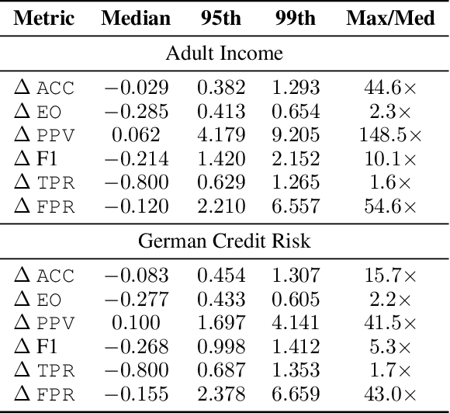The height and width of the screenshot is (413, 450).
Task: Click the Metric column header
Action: click(46, 17)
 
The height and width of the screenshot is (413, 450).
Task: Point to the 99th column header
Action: click(295, 17)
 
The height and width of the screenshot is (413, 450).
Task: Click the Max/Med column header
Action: click(389, 17)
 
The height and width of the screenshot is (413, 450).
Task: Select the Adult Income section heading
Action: click(224, 53)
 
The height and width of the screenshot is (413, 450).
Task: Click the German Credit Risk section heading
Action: click(224, 241)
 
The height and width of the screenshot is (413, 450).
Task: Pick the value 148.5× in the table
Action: click(389, 135)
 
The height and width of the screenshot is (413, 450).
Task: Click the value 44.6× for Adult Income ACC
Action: click(389, 88)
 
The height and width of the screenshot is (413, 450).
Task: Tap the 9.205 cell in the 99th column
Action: click(295, 135)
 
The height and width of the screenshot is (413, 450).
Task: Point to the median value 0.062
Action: click(136, 135)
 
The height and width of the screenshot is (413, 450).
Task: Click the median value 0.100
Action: click(136, 323)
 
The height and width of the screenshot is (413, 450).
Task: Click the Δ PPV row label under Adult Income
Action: click(45, 135)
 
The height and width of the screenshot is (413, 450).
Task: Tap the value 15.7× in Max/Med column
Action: click(389, 276)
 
